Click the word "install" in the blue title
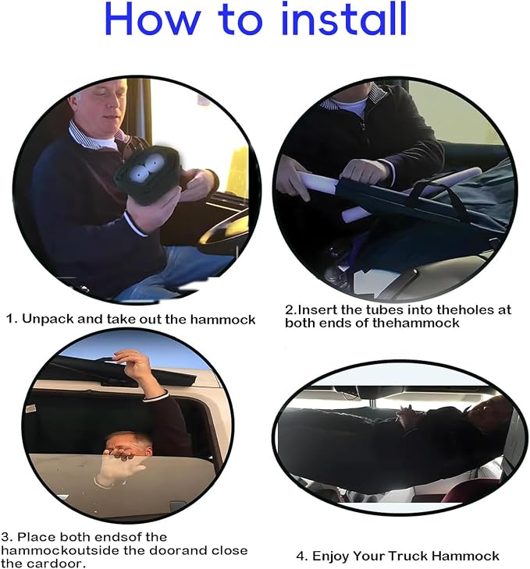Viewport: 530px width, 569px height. [343, 19]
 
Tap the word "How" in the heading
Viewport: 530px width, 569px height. [152, 19]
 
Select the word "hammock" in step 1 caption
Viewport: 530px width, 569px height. [222, 320]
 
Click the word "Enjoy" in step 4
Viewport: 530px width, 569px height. [330, 556]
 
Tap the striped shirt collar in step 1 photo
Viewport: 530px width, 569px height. [94, 137]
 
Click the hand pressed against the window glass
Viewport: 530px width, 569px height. [116, 468]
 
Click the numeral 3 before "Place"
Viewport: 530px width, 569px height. [5, 537]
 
